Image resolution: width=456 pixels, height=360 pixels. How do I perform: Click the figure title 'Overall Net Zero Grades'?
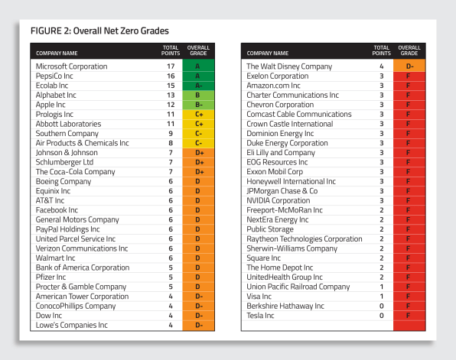(121, 31)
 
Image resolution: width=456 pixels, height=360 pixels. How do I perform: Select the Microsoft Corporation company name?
(72, 66)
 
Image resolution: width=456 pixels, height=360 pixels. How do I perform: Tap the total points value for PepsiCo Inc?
(171, 76)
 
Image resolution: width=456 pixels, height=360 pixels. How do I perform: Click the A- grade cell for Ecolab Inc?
(198, 86)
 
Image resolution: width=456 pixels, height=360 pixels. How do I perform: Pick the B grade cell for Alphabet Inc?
(198, 96)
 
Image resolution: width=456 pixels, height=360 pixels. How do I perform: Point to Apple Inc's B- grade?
(198, 105)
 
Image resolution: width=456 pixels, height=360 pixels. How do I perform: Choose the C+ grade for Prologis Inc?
(198, 115)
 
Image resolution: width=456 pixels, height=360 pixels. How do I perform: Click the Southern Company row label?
(67, 134)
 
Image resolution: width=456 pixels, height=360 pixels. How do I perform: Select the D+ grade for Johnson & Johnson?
(198, 153)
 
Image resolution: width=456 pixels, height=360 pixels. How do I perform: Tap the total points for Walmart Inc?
(171, 258)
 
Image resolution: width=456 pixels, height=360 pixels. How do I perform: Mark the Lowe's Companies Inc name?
(72, 325)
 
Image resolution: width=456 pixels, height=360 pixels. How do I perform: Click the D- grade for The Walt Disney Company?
(409, 66)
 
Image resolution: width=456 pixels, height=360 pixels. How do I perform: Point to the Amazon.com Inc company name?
(273, 86)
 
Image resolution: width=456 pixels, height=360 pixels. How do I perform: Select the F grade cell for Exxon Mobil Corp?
(409, 172)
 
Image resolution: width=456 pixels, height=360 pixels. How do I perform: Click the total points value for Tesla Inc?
(382, 316)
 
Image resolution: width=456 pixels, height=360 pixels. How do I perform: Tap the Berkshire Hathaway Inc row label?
(285, 306)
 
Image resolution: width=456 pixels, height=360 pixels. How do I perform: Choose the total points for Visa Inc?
(382, 297)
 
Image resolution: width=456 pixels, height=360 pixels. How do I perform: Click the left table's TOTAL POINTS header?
(171, 50)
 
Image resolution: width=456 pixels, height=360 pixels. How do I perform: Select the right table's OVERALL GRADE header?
(409, 50)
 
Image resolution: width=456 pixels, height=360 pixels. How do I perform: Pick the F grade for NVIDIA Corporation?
(409, 201)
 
